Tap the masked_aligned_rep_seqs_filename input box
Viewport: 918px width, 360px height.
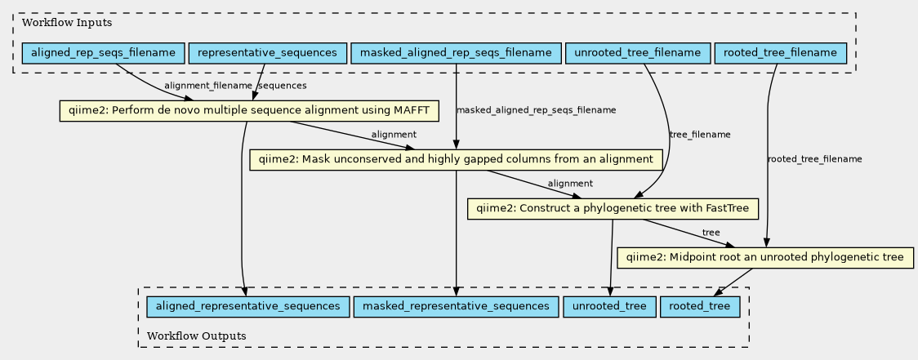point(456,54)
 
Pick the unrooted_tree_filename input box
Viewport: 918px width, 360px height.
point(637,54)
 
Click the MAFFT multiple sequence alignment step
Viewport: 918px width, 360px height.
point(251,110)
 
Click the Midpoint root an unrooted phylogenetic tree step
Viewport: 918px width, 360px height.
point(765,257)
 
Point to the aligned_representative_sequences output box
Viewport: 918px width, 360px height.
point(243,306)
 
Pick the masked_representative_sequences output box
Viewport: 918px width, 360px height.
point(456,306)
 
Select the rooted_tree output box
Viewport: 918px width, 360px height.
point(700,306)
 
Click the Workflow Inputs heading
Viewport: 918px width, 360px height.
point(56,22)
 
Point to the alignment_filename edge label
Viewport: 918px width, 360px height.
point(208,86)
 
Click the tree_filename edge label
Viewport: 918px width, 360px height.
point(699,135)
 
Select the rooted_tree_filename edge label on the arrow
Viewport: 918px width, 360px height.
point(814,159)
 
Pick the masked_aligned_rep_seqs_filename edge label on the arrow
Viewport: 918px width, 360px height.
point(536,110)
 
